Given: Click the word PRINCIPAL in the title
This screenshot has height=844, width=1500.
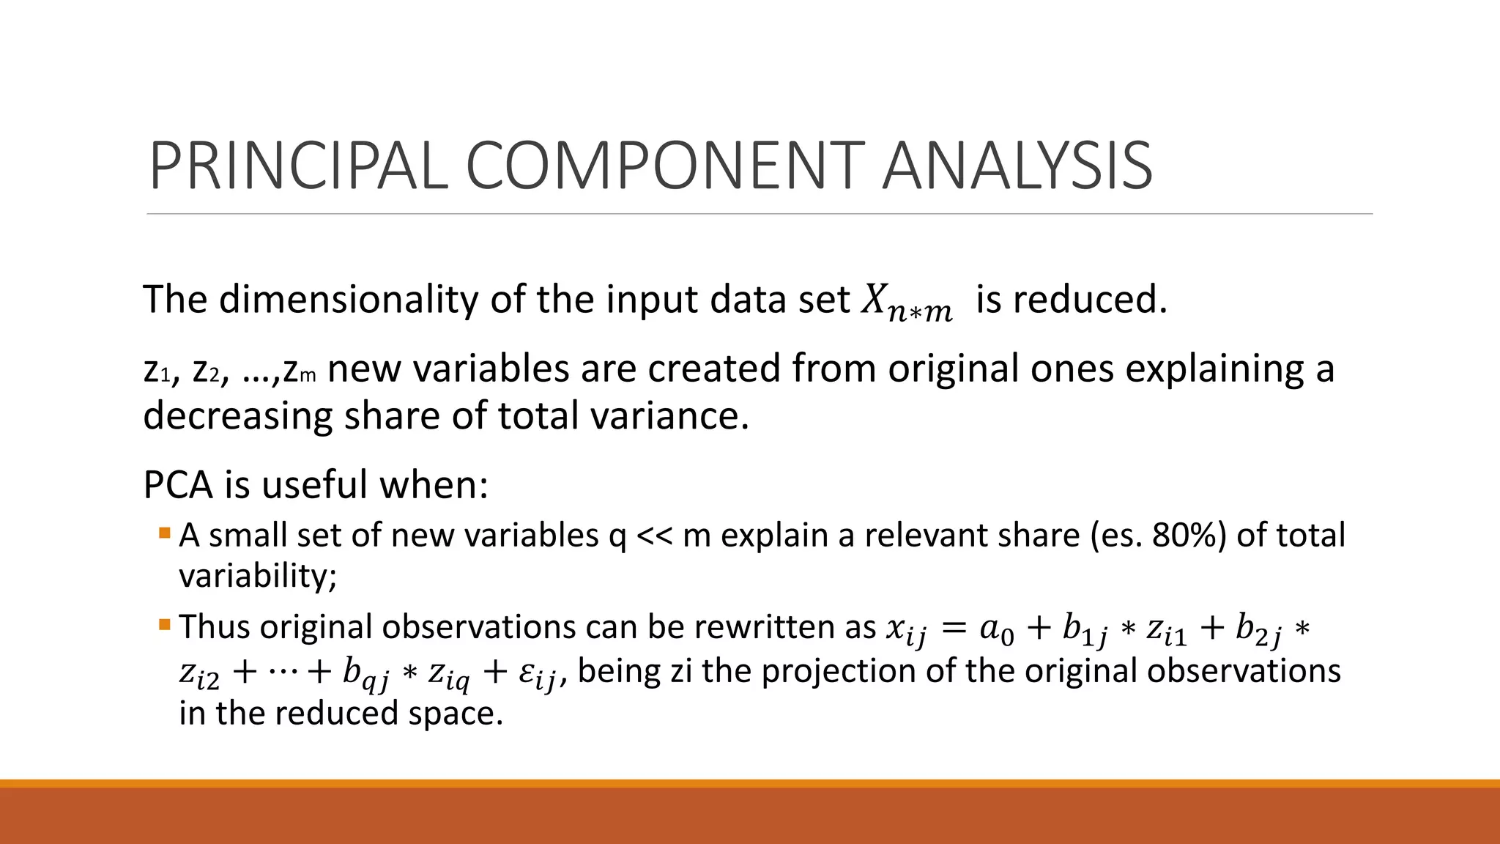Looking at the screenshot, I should click(x=298, y=166).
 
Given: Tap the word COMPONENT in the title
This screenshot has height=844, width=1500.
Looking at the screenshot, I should click(x=665, y=166).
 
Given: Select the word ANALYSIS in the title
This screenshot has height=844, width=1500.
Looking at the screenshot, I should click(x=1017, y=166).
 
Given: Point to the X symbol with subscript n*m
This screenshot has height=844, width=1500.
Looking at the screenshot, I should click(x=906, y=301).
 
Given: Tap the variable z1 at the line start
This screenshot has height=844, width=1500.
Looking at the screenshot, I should click(x=157, y=370).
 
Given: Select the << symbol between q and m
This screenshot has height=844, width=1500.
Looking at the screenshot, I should click(x=654, y=536).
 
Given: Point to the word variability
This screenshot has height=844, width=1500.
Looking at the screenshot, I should click(x=256, y=577).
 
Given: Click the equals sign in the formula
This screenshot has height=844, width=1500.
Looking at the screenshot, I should click(x=953, y=628).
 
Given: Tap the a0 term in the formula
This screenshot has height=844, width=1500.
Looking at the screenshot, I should click(x=997, y=629).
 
